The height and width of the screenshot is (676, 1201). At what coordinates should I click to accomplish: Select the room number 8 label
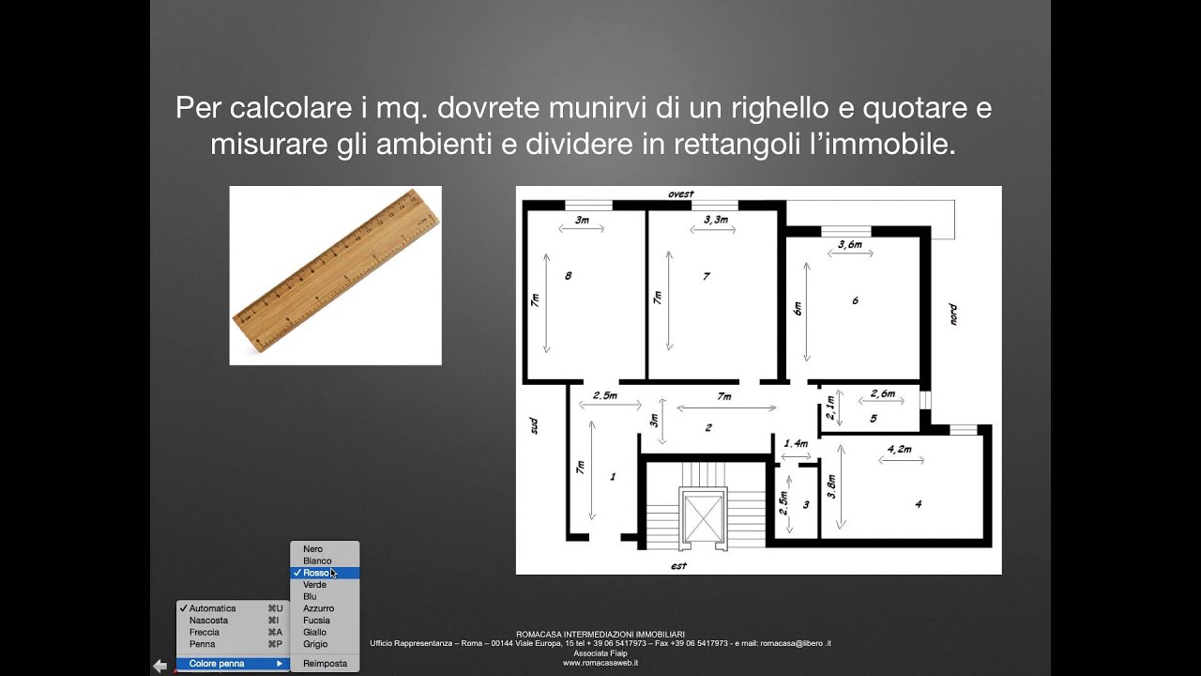tap(568, 276)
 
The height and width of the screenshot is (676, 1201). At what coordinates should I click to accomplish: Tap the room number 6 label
tap(855, 300)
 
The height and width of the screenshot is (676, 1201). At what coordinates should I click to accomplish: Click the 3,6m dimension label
tap(849, 245)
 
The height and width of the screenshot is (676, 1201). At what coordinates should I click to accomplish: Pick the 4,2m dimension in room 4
tap(899, 450)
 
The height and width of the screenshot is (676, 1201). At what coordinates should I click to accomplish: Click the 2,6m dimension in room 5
tap(882, 393)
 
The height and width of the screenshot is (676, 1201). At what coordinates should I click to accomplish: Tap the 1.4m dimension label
tap(796, 443)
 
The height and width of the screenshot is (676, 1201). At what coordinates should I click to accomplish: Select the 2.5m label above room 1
tap(604, 395)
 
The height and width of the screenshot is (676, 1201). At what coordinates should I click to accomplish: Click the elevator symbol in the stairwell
tap(702, 515)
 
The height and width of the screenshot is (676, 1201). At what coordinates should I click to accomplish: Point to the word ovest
tap(680, 194)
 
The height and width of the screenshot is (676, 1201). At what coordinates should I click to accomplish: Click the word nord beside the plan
tap(951, 314)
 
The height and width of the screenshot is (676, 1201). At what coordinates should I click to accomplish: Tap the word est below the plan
tap(679, 566)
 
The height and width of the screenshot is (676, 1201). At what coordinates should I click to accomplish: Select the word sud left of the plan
tap(534, 424)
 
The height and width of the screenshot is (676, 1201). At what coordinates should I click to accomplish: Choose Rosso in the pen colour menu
tap(316, 573)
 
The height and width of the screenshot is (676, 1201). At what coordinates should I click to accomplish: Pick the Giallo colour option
tap(315, 633)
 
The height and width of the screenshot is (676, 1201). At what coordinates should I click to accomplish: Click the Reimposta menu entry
tap(325, 664)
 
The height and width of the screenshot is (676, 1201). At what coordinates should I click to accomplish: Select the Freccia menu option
tap(205, 633)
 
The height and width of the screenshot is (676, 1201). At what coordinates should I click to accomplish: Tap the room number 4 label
tap(918, 504)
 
